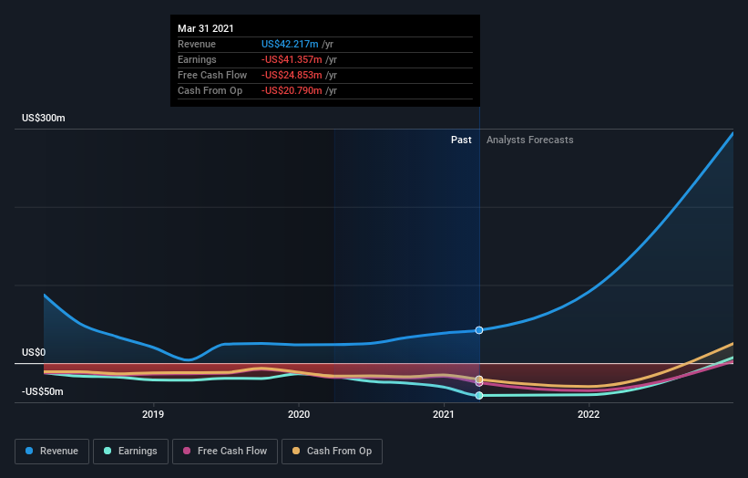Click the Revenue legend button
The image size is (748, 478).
click(53, 451)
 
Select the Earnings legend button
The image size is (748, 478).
click(130, 451)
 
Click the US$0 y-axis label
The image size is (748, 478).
click(34, 352)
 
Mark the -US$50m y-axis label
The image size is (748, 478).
click(44, 392)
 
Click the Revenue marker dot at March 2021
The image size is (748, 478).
click(479, 329)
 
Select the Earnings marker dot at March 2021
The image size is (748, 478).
click(479, 395)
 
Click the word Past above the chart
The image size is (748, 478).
click(461, 140)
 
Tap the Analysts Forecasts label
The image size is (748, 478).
click(530, 140)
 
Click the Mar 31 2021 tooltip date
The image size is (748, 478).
click(205, 28)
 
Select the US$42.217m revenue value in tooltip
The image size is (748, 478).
click(290, 44)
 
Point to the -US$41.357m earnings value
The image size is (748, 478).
click(290, 59)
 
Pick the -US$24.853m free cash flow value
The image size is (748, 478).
click(290, 75)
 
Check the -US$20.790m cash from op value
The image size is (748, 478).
click(290, 90)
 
